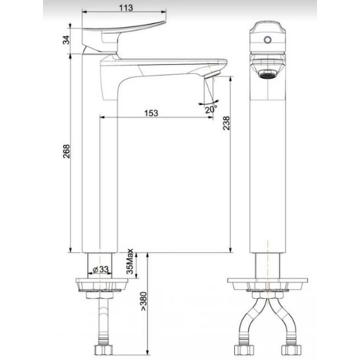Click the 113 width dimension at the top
coord(124,9)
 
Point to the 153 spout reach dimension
coord(151,112)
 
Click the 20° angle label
coord(211,109)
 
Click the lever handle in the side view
coord(124,33)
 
